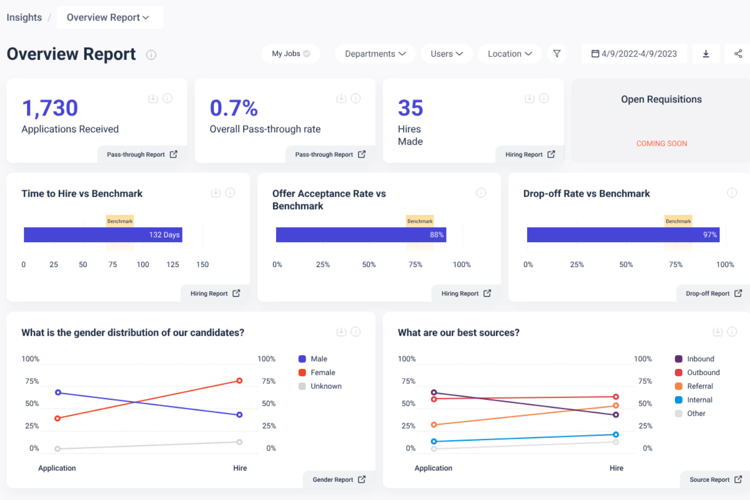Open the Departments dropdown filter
point(375,54)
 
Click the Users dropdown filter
point(446,54)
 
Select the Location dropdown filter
point(509,54)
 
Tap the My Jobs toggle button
point(290,54)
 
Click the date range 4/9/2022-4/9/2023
point(634,54)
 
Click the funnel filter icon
point(556,54)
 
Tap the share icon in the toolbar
point(738,54)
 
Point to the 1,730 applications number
point(50,108)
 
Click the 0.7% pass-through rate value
point(234,108)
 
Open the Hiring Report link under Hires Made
point(530,155)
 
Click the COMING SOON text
point(661,143)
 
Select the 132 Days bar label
point(164,235)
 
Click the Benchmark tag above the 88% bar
point(420,221)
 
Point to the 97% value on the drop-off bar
point(709,235)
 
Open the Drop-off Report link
point(713,293)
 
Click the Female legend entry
point(322,372)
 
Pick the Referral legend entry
point(699,386)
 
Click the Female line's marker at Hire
point(239,380)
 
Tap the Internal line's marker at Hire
point(616,435)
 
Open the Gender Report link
point(339,480)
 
